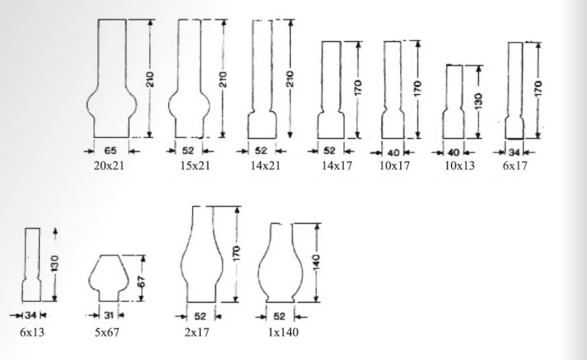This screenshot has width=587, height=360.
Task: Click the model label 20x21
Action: (109, 166)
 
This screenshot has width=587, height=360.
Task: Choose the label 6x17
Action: (514, 166)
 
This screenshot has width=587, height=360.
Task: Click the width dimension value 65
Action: (110, 151)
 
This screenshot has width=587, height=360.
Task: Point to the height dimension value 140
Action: (317, 261)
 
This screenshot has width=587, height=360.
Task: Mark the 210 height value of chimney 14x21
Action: (290, 79)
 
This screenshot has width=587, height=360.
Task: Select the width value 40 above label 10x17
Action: (394, 152)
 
